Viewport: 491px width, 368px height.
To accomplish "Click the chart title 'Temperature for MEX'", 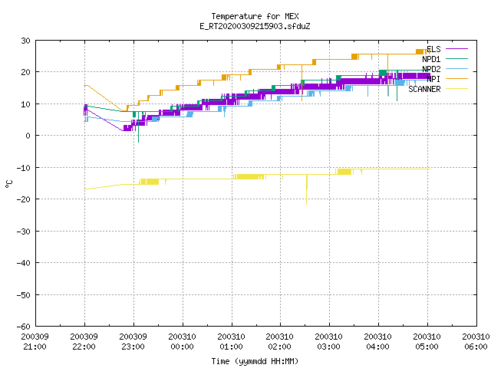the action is point(255,16).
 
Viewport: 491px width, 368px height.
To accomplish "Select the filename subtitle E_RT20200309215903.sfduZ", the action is point(255,26).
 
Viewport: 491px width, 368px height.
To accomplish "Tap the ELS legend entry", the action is point(447,49).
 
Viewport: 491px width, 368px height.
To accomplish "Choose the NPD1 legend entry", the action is point(445,59).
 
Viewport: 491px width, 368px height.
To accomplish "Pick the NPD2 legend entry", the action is point(445,69).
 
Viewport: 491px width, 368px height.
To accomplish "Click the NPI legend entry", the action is point(447,79).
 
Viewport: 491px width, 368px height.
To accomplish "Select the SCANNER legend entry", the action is point(438,89).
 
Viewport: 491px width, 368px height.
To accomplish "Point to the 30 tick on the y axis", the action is point(25,41).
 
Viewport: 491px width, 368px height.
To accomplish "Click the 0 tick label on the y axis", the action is point(28,136).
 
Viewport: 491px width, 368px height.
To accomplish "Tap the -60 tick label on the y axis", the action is point(24,327).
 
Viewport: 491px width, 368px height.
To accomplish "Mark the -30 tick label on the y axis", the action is point(24,232).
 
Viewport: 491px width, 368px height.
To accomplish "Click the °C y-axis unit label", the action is point(9,184).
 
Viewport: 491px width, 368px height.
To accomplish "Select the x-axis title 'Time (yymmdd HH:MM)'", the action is point(255,361).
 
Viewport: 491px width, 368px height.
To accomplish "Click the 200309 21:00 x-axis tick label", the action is point(35,342).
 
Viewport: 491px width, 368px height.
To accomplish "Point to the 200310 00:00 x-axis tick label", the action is point(182,342).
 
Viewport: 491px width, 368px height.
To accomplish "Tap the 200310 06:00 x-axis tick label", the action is point(476,342).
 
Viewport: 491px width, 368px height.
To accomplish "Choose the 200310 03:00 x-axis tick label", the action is point(328,342).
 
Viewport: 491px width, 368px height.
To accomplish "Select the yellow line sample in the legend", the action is point(457,89).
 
